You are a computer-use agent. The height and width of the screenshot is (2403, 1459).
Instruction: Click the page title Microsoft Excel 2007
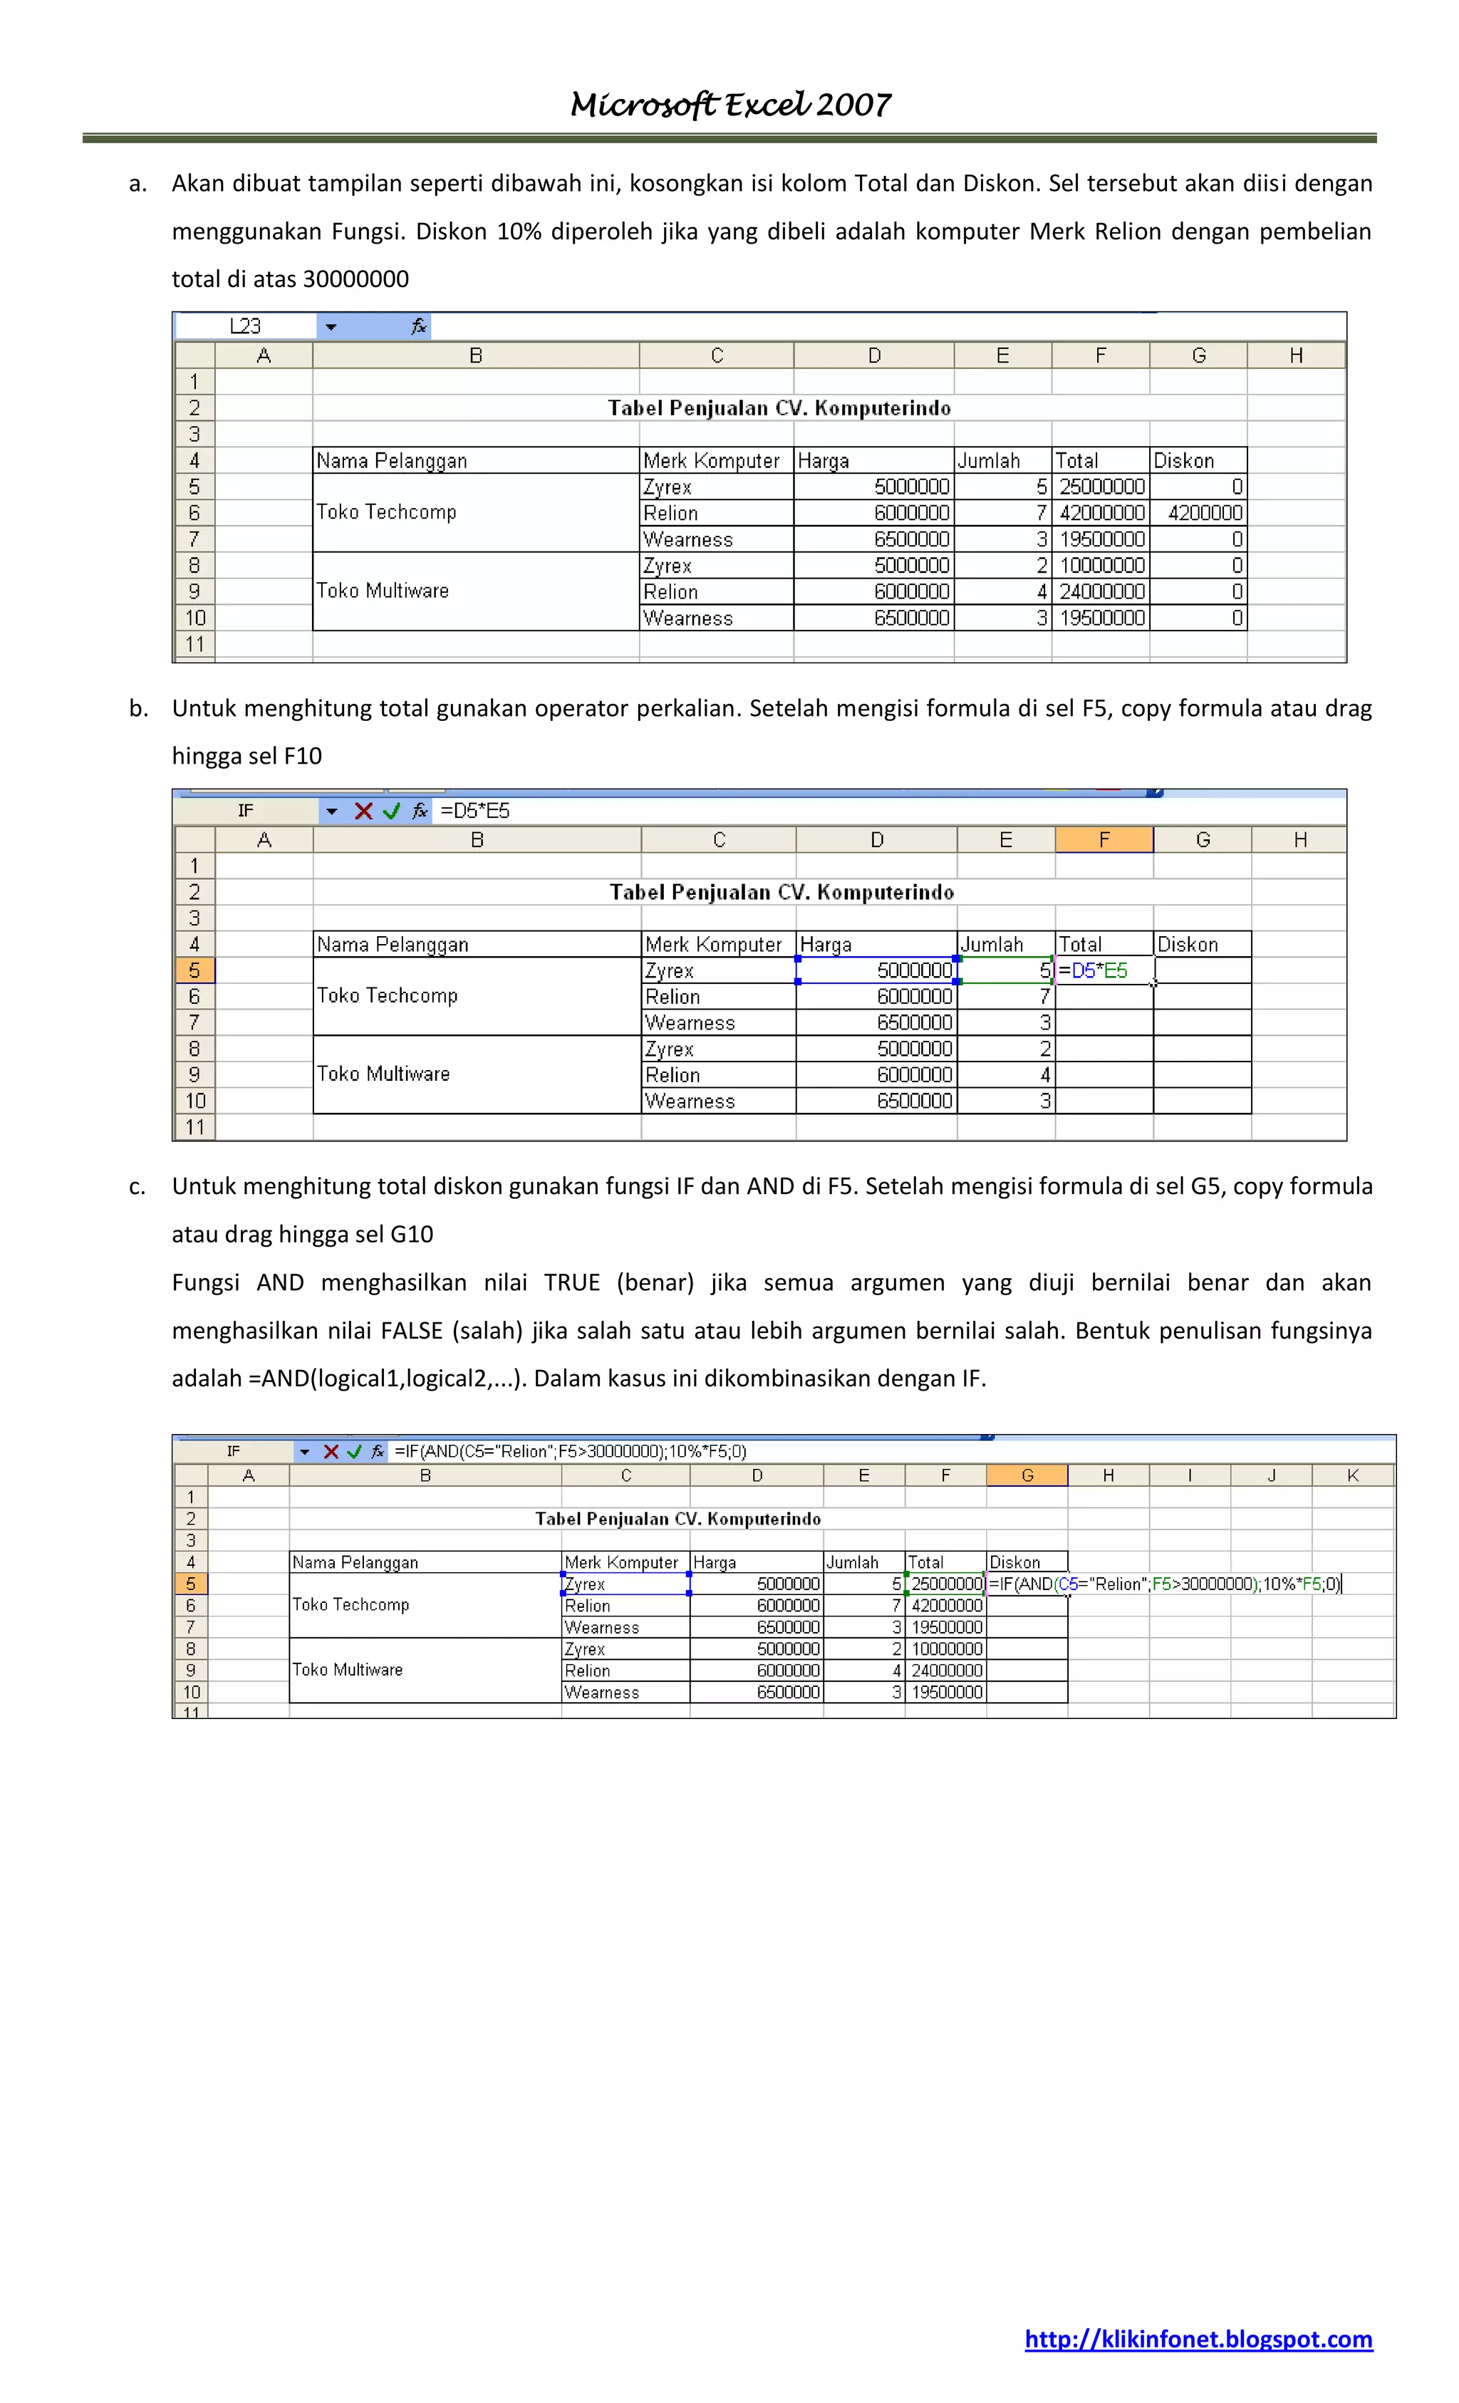(x=729, y=104)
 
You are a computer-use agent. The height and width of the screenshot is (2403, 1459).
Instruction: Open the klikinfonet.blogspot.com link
(x=1198, y=2339)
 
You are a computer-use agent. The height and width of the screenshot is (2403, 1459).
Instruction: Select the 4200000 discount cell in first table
(x=1198, y=513)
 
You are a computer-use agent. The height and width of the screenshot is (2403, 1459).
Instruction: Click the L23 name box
(x=246, y=326)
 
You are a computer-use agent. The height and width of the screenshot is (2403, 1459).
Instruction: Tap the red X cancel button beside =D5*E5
(x=363, y=811)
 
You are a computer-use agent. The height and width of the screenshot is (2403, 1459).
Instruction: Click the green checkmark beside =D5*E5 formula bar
(x=391, y=811)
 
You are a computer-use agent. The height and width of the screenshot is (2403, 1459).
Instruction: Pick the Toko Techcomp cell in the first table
(x=386, y=512)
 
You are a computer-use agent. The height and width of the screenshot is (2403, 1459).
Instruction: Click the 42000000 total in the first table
(x=1101, y=513)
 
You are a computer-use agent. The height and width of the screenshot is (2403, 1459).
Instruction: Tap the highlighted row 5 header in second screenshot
(x=194, y=970)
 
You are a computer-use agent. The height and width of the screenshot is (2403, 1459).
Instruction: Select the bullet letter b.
(x=138, y=708)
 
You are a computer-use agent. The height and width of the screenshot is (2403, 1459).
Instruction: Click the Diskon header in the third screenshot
(x=1014, y=1562)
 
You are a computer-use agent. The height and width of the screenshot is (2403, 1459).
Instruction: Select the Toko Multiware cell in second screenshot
(x=383, y=1074)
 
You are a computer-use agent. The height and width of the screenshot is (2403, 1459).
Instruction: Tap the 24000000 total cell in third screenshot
(x=945, y=1671)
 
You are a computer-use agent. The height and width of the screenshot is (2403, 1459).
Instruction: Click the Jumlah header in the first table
(x=988, y=460)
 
